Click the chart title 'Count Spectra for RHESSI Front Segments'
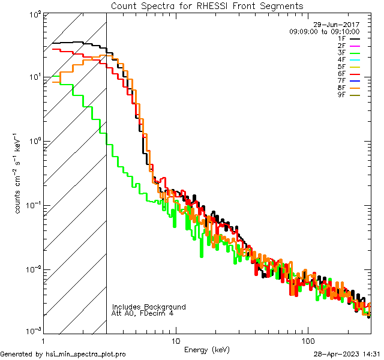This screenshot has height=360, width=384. (207, 5)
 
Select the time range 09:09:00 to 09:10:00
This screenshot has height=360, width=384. (324, 31)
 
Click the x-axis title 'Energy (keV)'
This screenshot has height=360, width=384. (206, 350)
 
